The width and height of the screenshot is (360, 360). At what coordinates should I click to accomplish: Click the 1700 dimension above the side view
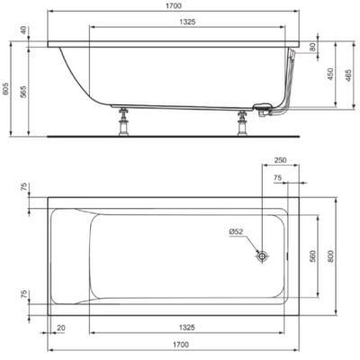(x=174, y=5)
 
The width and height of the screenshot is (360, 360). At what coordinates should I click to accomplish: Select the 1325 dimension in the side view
(x=187, y=22)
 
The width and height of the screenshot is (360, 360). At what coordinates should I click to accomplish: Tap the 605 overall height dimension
(x=5, y=89)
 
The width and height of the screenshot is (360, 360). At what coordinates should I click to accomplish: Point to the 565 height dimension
(x=24, y=92)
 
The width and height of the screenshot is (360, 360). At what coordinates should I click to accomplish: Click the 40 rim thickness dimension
(x=24, y=31)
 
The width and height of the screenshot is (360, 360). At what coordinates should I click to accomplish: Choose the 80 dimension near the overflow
(x=313, y=48)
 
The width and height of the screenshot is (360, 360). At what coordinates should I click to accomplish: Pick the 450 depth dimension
(x=330, y=74)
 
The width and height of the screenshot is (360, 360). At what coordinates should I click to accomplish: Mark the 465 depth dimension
(x=348, y=76)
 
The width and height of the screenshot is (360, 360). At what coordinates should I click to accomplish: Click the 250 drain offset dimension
(x=281, y=160)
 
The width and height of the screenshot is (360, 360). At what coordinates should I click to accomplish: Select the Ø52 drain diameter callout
(x=236, y=231)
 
